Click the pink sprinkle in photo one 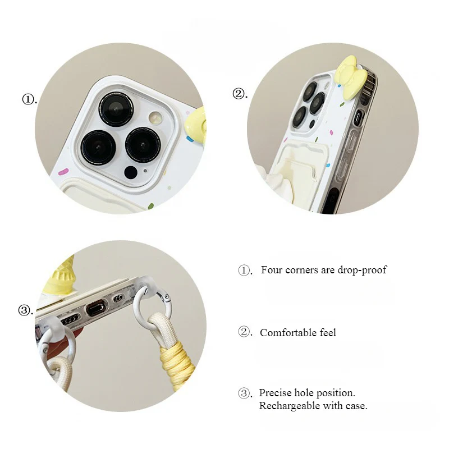[x=63, y=172]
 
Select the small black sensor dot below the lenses [x=131, y=172]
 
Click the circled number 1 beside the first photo [x=28, y=99]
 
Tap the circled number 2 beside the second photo [x=238, y=94]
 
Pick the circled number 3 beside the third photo [x=24, y=310]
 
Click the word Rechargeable [x=290, y=406]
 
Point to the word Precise [x=274, y=393]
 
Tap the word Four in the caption [x=272, y=270]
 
